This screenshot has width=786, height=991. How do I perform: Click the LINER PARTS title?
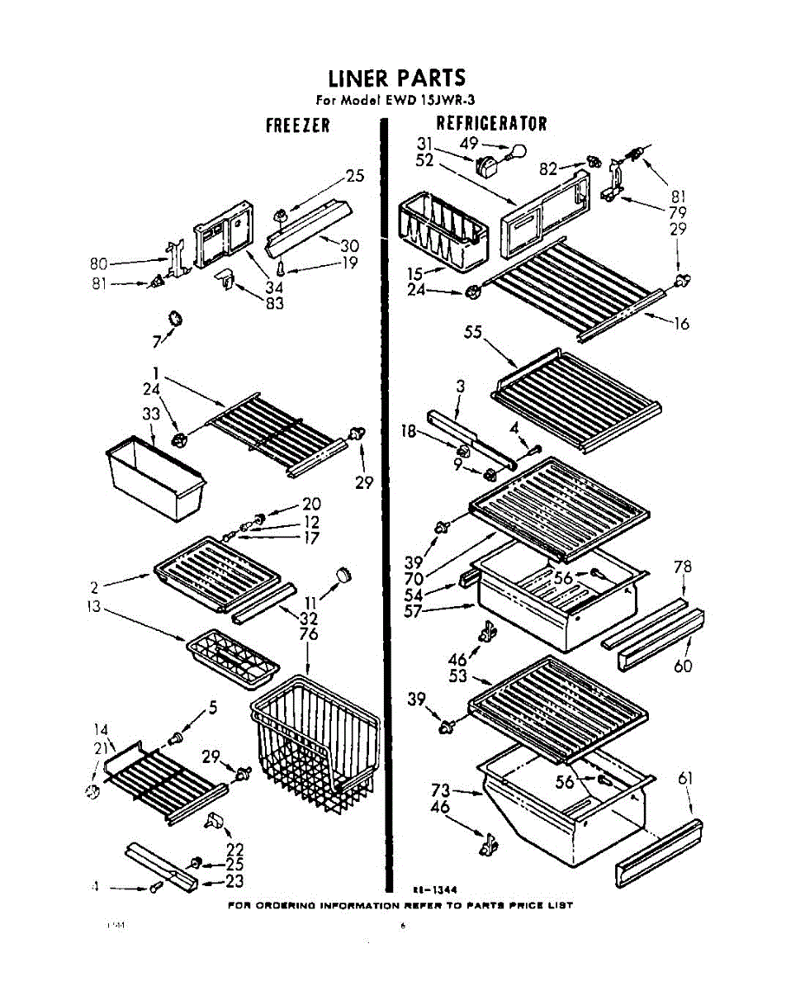tap(396, 78)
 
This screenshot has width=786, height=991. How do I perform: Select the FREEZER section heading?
tap(297, 126)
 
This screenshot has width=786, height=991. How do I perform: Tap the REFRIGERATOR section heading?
tap(491, 124)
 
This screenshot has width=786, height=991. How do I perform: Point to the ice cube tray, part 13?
tap(233, 657)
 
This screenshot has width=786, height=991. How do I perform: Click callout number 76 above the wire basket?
tap(308, 633)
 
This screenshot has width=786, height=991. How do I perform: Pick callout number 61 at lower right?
tap(684, 779)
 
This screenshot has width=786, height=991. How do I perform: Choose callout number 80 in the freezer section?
tap(100, 265)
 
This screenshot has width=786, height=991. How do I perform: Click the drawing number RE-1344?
tap(435, 889)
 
